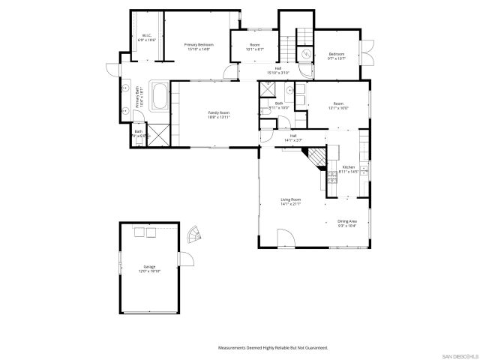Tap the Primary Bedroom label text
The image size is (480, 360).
(x=199, y=45)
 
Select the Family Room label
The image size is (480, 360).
(x=219, y=112)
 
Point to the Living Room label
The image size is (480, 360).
(x=291, y=199)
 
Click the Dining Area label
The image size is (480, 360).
(x=347, y=221)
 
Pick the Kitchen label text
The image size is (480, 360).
(x=349, y=167)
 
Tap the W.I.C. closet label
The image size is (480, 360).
(x=148, y=35)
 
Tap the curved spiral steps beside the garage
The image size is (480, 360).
(x=194, y=235)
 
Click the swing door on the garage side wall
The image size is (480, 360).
(x=187, y=261)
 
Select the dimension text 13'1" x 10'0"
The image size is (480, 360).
(x=339, y=108)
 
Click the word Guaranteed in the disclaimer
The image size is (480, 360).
(x=314, y=348)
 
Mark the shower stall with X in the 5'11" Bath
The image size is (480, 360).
(x=266, y=88)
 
